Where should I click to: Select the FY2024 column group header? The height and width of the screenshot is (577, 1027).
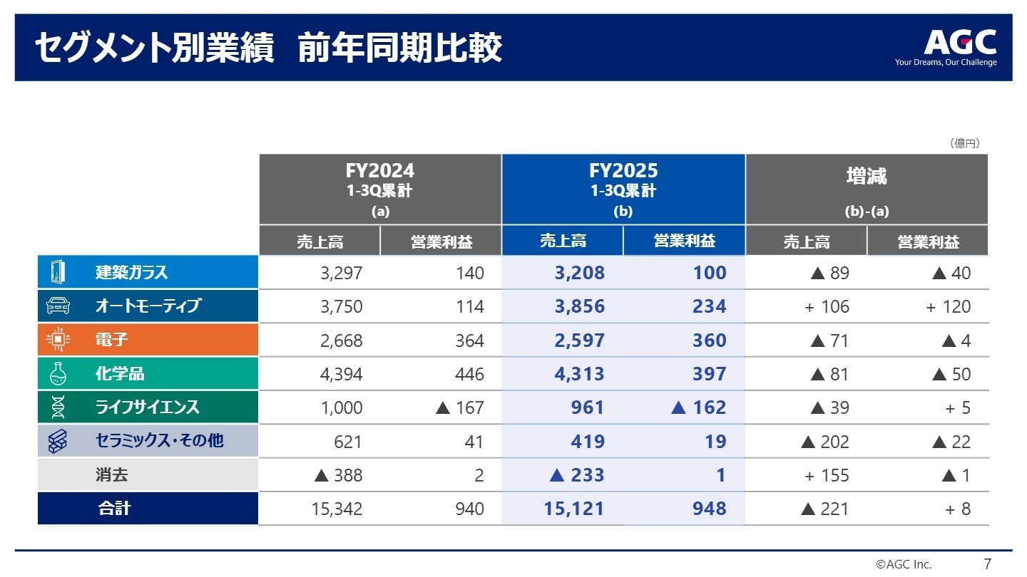pyautogui.click(x=380, y=189)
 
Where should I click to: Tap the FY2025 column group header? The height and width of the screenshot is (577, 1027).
pyautogui.click(x=623, y=189)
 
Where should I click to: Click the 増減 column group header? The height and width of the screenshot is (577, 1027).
pyautogui.click(x=867, y=189)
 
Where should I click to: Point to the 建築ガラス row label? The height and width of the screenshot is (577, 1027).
pyautogui.click(x=132, y=273)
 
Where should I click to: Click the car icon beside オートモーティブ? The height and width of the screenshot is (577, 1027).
pyautogui.click(x=58, y=306)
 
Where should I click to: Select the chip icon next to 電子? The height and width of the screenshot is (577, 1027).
pyautogui.click(x=58, y=341)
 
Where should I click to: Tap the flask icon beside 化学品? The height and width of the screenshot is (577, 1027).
pyautogui.click(x=58, y=374)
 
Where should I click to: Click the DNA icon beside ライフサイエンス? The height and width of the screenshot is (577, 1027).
pyautogui.click(x=58, y=407)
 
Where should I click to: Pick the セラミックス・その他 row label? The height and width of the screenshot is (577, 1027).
pyautogui.click(x=159, y=441)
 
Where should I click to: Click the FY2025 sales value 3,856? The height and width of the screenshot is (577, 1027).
pyautogui.click(x=580, y=307)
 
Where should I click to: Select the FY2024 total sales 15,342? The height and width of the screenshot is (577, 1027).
pyautogui.click(x=337, y=509)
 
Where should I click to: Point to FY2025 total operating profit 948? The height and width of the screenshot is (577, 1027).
pyautogui.click(x=708, y=509)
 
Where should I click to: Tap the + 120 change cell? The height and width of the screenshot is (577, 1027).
pyautogui.click(x=948, y=307)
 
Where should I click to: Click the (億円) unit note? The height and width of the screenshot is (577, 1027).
pyautogui.click(x=965, y=143)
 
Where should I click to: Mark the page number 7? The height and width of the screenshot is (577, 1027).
pyautogui.click(x=987, y=564)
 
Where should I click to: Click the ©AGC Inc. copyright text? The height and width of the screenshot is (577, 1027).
pyautogui.click(x=904, y=564)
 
